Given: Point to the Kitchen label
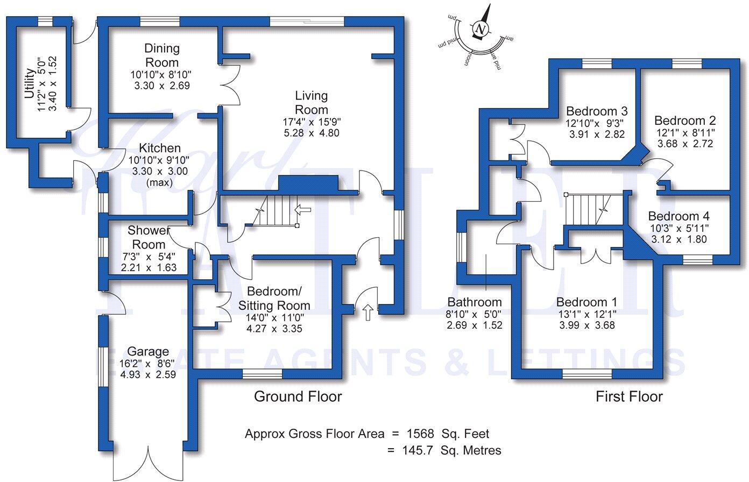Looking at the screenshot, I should [160, 148].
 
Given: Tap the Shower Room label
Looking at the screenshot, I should [149, 237].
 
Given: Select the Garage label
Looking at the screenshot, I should [148, 352].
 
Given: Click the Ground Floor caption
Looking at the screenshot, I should [298, 397].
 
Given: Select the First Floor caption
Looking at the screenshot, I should [628, 397].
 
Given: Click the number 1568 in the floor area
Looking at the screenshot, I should [422, 434].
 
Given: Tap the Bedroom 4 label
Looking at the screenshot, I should [679, 216].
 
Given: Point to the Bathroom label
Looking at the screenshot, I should [475, 302].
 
